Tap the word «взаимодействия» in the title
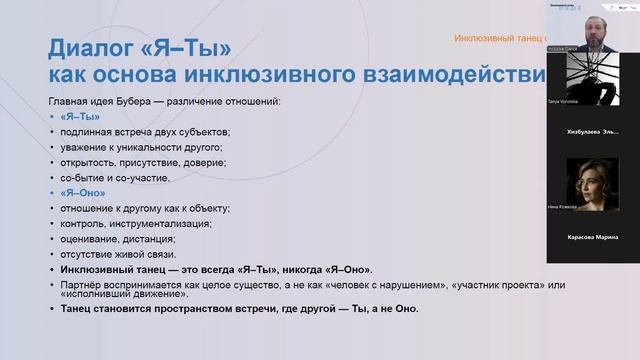pos(464,77)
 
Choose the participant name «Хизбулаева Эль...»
pos(592,131)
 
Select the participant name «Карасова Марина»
pos(592,237)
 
